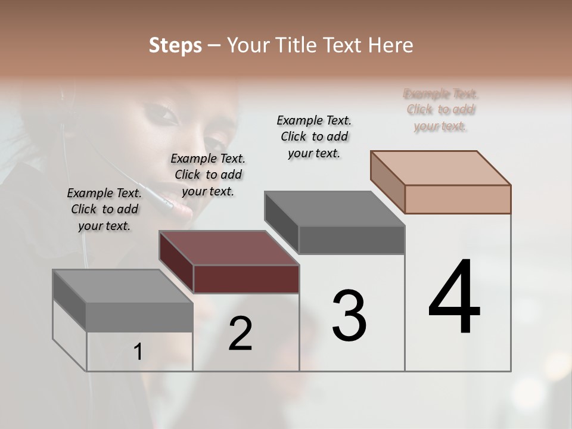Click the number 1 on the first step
138,352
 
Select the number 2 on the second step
240,334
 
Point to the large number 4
454,297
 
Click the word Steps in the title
175,45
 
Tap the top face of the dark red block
229,248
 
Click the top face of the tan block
441,167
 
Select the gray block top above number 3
335,209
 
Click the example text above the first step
104,209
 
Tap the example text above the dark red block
208,175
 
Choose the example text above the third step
314,136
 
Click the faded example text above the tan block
441,110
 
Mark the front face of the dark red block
246,279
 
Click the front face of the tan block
458,199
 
